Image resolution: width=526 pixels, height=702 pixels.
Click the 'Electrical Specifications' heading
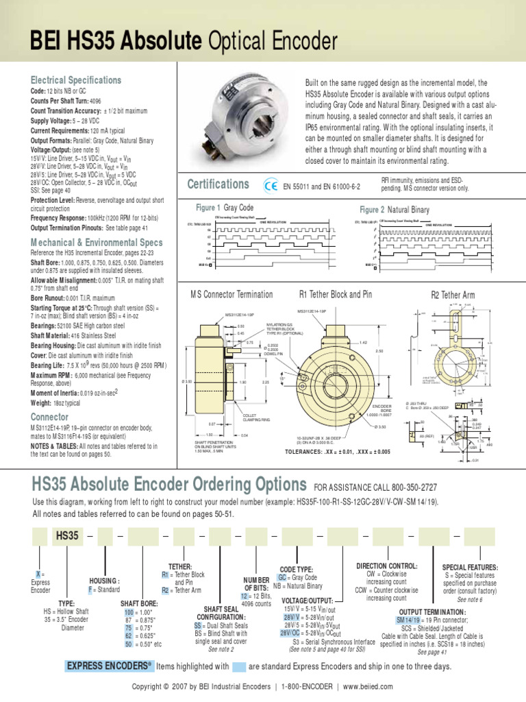point(76,80)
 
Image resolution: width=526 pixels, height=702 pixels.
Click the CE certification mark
point(271,185)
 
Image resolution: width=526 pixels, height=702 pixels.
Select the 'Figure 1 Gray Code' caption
point(225,208)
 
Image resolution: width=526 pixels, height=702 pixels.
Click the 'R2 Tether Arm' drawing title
point(452,295)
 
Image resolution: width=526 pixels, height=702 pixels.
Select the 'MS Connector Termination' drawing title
point(231,295)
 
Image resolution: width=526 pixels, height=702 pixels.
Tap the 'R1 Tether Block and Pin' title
point(336,295)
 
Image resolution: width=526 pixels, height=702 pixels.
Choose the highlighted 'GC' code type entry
point(281,578)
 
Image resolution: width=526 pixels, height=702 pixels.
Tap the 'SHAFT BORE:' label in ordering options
point(139,603)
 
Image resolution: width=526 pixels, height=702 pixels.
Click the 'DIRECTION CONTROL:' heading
point(387,566)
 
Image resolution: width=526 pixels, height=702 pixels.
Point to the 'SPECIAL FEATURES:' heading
point(471,568)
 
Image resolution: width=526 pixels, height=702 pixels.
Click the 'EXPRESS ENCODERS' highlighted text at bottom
point(108,666)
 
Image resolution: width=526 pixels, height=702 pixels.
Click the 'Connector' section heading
point(50,416)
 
